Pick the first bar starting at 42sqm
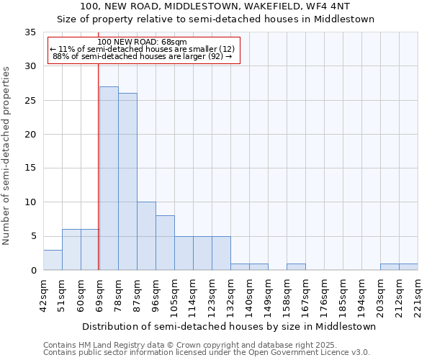click(x=53, y=260)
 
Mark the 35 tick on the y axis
click(x=32, y=32)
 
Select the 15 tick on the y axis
click(x=32, y=168)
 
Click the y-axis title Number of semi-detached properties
click(x=6, y=156)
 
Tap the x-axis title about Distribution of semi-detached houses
click(x=229, y=326)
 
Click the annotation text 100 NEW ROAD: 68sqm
click(x=142, y=42)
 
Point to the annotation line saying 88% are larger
click(x=142, y=56)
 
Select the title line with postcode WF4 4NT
click(x=215, y=6)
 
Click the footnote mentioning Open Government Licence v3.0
click(x=207, y=353)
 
